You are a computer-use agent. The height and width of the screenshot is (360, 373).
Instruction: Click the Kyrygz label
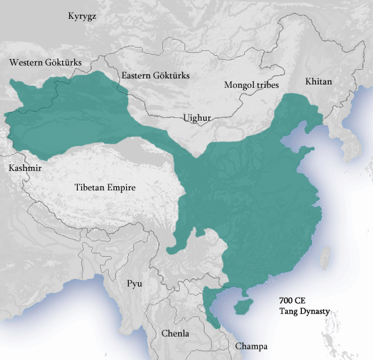pyautogui.click(x=82, y=15)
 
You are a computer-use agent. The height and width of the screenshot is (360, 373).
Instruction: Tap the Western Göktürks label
pyautogui.click(x=45, y=62)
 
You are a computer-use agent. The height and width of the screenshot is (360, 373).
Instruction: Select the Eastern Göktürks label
pyautogui.click(x=155, y=76)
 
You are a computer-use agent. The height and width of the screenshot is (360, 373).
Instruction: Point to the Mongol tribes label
pyautogui.click(x=252, y=85)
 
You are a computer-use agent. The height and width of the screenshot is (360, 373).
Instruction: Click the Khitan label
pyautogui.click(x=319, y=81)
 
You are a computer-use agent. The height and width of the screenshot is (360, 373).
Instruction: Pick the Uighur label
pyautogui.click(x=197, y=118)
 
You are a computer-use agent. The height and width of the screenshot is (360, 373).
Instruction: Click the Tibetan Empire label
pyautogui.click(x=105, y=188)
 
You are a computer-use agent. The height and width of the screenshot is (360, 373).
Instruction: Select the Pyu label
pyautogui.click(x=135, y=284)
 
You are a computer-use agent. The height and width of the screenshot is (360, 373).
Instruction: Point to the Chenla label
pyautogui.click(x=175, y=333)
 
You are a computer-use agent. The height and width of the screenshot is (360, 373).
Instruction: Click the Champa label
pyautogui.click(x=251, y=346)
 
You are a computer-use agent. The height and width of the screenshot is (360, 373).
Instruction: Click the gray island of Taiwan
pyautogui.click(x=327, y=255)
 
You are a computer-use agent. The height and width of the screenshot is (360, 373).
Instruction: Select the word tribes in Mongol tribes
pyautogui.click(x=266, y=85)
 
